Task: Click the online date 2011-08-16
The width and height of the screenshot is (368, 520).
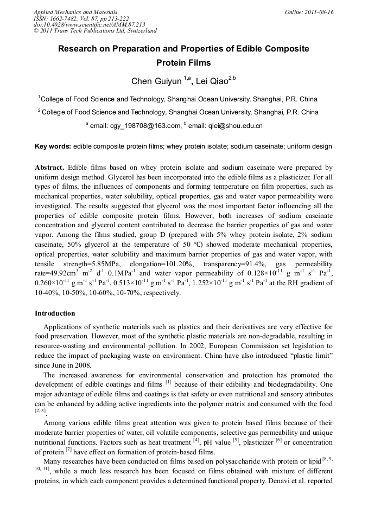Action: click(x=320, y=12)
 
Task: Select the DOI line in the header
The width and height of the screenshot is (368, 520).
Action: click(x=89, y=25)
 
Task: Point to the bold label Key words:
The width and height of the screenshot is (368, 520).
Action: click(x=53, y=146)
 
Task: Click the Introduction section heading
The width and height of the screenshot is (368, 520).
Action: click(x=55, y=313)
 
